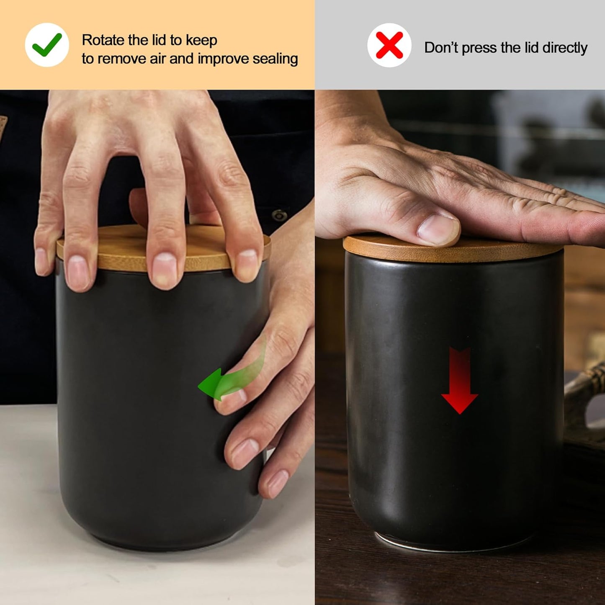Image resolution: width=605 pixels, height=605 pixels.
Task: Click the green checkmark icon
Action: click(47, 44)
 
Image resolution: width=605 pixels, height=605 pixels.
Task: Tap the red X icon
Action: click(389, 45)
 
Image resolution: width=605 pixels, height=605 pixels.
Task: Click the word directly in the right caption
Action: click(565, 48)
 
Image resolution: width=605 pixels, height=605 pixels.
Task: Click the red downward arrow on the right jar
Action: click(459, 381)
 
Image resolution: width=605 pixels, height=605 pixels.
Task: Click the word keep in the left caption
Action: click(201, 40)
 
